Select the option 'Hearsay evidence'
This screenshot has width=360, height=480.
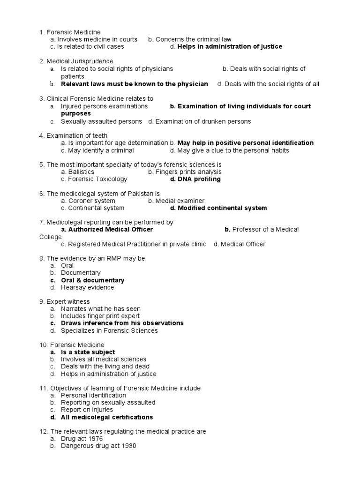(87, 287)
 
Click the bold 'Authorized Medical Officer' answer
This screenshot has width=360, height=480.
(110, 229)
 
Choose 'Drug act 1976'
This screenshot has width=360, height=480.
(82, 439)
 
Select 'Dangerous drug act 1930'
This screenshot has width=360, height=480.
(98, 446)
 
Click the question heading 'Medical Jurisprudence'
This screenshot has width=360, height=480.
(80, 61)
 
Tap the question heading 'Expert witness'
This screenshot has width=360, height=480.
(68, 301)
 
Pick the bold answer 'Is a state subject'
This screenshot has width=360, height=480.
(88, 352)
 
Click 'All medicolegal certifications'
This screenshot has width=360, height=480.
(107, 417)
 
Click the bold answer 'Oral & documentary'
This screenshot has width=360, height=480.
(92, 280)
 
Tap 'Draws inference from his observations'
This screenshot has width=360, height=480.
(122, 323)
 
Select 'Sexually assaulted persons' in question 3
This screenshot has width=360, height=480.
(101, 121)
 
